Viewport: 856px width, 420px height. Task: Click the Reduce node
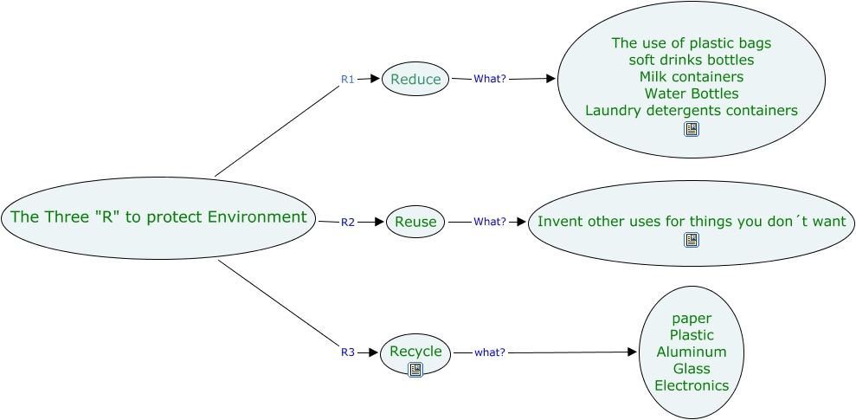(x=415, y=80)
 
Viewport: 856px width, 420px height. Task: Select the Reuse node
(x=415, y=222)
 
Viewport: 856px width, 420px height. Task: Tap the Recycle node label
(x=415, y=352)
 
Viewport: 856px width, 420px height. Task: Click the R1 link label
(x=347, y=79)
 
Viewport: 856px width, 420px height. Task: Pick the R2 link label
(x=347, y=222)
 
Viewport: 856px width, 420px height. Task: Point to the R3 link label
(x=347, y=352)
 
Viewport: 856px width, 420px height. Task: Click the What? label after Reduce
(x=490, y=79)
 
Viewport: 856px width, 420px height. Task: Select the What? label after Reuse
(x=490, y=222)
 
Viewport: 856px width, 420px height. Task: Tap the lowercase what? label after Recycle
(x=490, y=352)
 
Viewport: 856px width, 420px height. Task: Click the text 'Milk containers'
(x=691, y=77)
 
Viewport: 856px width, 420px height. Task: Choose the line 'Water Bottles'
(x=691, y=94)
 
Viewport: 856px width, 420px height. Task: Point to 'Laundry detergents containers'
(x=691, y=111)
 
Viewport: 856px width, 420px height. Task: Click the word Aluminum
(x=691, y=352)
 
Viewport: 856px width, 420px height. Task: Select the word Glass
(x=691, y=369)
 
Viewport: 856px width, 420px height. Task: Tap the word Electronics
(x=691, y=385)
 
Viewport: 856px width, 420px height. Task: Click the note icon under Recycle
(x=415, y=370)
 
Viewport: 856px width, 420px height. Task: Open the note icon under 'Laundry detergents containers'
(x=691, y=129)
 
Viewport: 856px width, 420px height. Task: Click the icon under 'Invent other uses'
(x=691, y=240)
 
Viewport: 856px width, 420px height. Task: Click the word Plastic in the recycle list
(x=691, y=335)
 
